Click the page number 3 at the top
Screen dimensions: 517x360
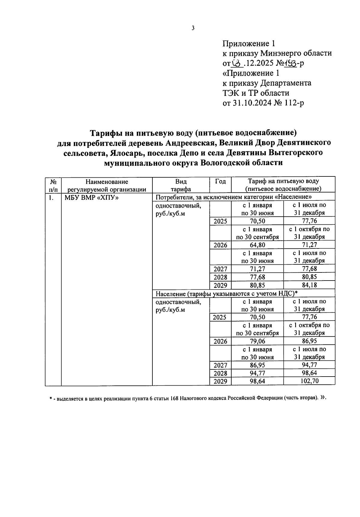(x=193, y=28)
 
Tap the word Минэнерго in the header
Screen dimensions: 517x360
(x=280, y=53)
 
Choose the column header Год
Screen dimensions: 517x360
(x=220, y=181)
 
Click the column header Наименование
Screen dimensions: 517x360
(x=107, y=182)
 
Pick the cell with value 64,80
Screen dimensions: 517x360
(x=257, y=245)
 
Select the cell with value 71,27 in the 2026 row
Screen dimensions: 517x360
(x=309, y=245)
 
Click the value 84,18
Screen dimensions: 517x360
(x=309, y=285)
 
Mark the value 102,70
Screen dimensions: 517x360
(x=309, y=381)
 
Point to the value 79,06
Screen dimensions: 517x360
(x=257, y=341)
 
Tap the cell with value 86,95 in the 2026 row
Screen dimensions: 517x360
(x=309, y=341)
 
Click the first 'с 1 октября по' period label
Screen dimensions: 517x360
(x=309, y=229)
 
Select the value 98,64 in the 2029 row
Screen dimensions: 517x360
(x=257, y=381)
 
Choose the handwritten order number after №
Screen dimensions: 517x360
(x=291, y=63)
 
